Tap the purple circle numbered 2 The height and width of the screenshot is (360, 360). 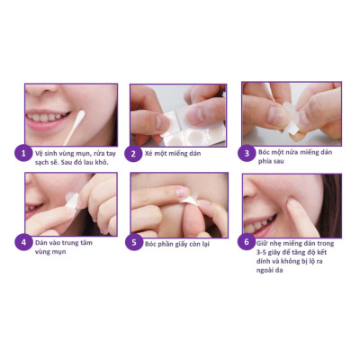(133, 154)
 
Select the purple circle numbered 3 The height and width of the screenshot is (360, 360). (245, 154)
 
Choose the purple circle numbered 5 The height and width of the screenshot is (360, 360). (133, 242)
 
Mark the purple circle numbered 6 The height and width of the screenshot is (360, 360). (245, 242)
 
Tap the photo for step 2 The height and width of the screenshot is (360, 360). (178, 113)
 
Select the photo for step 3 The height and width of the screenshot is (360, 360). (290, 113)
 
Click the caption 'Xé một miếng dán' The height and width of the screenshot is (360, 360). (175, 154)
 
